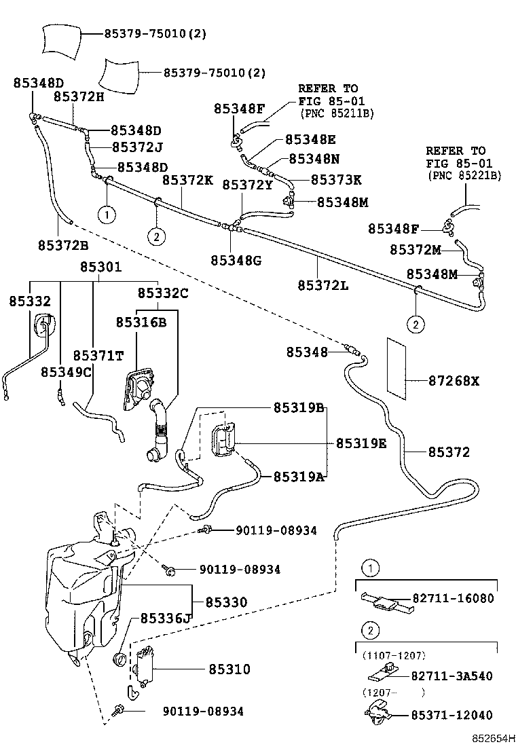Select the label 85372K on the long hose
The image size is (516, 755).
click(187, 181)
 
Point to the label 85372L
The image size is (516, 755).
click(322, 285)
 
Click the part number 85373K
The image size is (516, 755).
click(336, 180)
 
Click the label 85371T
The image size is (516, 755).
click(98, 356)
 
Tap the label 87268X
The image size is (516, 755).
click(453, 381)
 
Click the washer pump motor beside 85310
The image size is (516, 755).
click(145, 665)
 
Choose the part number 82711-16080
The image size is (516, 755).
click(453, 598)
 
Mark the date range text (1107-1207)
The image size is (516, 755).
click(392, 655)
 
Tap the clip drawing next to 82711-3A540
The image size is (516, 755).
click(384, 674)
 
